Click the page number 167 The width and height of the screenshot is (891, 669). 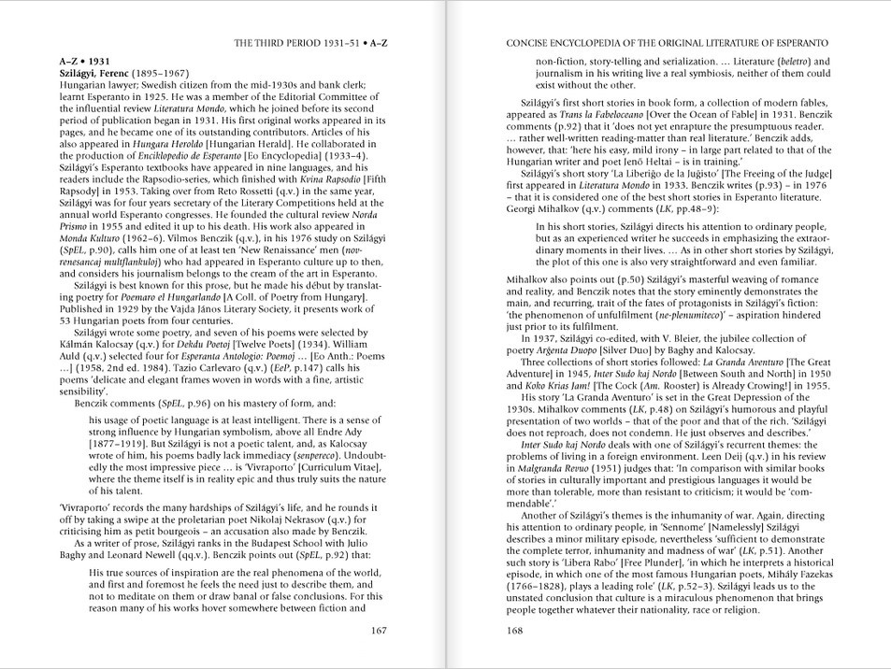(378, 630)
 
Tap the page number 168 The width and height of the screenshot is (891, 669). (515, 630)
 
